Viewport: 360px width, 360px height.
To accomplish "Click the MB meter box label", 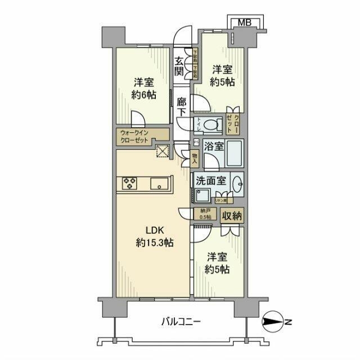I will tap(244, 22).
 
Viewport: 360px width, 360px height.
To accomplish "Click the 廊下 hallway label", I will tap(181, 107).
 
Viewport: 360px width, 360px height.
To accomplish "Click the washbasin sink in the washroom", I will tap(238, 183).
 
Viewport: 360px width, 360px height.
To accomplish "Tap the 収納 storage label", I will tap(232, 214).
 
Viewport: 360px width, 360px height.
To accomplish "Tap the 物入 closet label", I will tap(195, 157).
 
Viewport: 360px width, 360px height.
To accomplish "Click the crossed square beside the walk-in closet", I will tap(163, 151).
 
